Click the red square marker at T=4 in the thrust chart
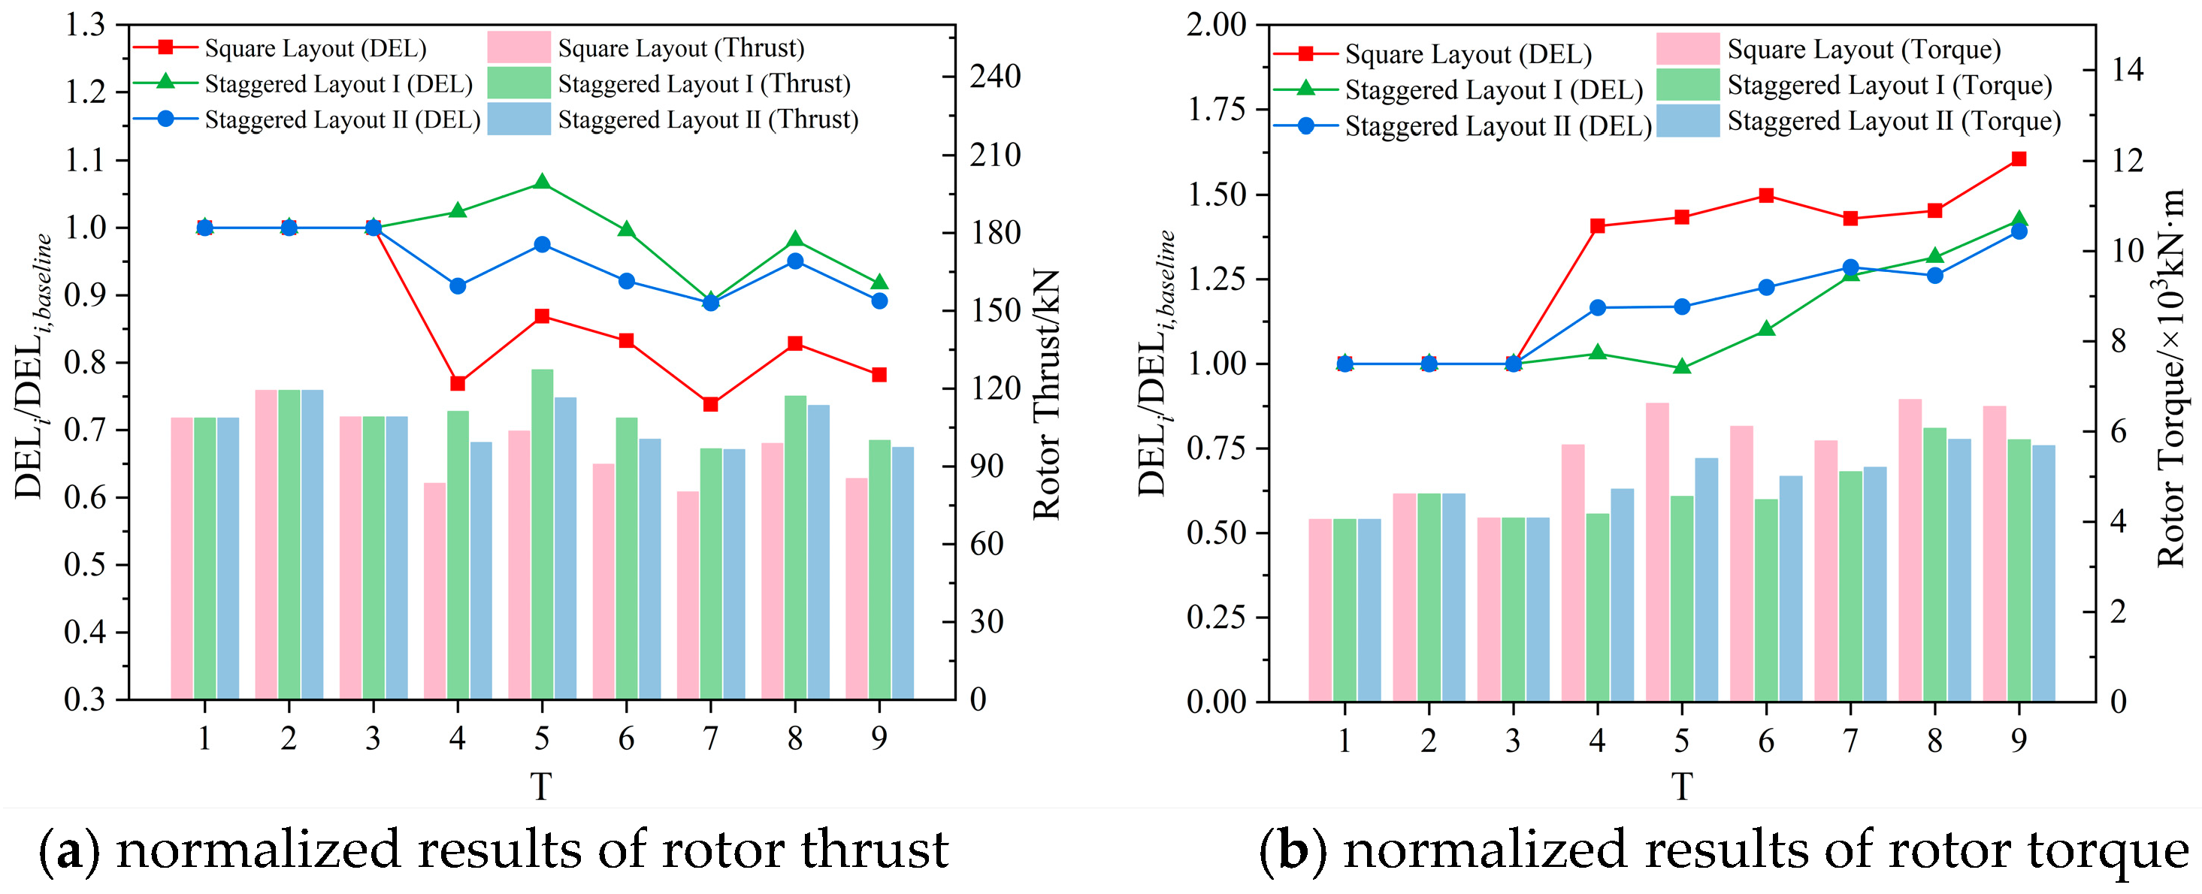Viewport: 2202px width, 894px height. pyautogui.click(x=458, y=383)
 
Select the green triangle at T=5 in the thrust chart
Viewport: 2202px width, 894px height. pyautogui.click(x=541, y=182)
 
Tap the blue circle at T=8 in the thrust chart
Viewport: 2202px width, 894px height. pyautogui.click(x=795, y=261)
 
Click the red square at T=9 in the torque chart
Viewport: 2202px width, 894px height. pyautogui.click(x=2018, y=159)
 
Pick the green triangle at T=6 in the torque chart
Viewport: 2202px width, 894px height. pyautogui.click(x=1766, y=329)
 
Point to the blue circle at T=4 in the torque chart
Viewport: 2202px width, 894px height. pyautogui.click(x=1597, y=308)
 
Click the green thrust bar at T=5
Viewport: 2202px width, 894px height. pyautogui.click(x=542, y=534)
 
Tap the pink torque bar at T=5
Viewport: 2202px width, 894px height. pyautogui.click(x=1657, y=551)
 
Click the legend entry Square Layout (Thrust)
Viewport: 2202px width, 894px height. pyautogui.click(x=680, y=49)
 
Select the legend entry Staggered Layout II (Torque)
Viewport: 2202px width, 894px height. pyautogui.click(x=1893, y=122)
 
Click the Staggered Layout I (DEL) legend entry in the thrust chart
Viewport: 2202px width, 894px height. pyautogui.click(x=337, y=83)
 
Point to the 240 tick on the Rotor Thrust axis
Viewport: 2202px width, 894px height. pyautogui.click(x=995, y=76)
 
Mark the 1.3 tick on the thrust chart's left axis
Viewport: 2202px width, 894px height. pyautogui.click(x=86, y=26)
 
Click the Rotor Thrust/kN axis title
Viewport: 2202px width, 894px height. pyautogui.click(x=1047, y=395)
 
